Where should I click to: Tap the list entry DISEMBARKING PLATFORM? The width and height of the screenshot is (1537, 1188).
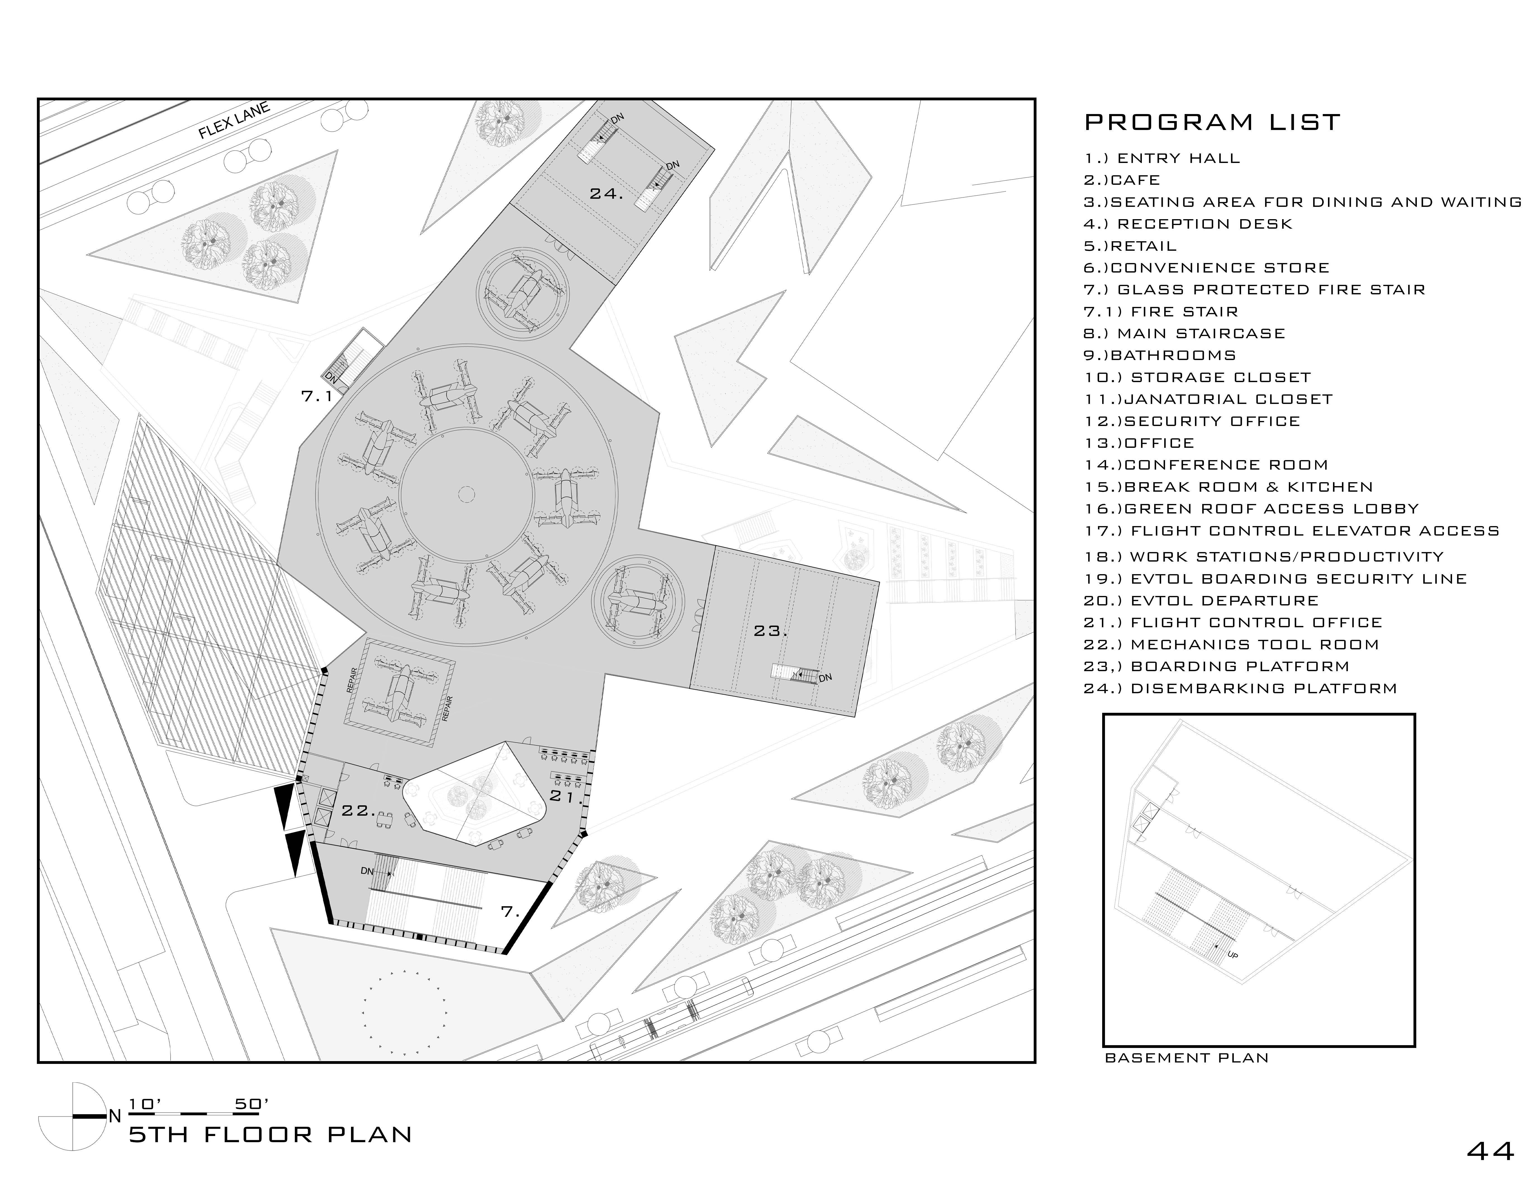1240,688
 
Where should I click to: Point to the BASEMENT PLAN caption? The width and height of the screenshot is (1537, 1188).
1187,1078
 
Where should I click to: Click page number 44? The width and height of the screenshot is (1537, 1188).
1491,1151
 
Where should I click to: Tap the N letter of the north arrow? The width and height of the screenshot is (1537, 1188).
115,1116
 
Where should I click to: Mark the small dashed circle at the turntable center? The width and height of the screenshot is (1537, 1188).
466,495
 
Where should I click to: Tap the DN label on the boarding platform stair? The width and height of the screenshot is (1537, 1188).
826,678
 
